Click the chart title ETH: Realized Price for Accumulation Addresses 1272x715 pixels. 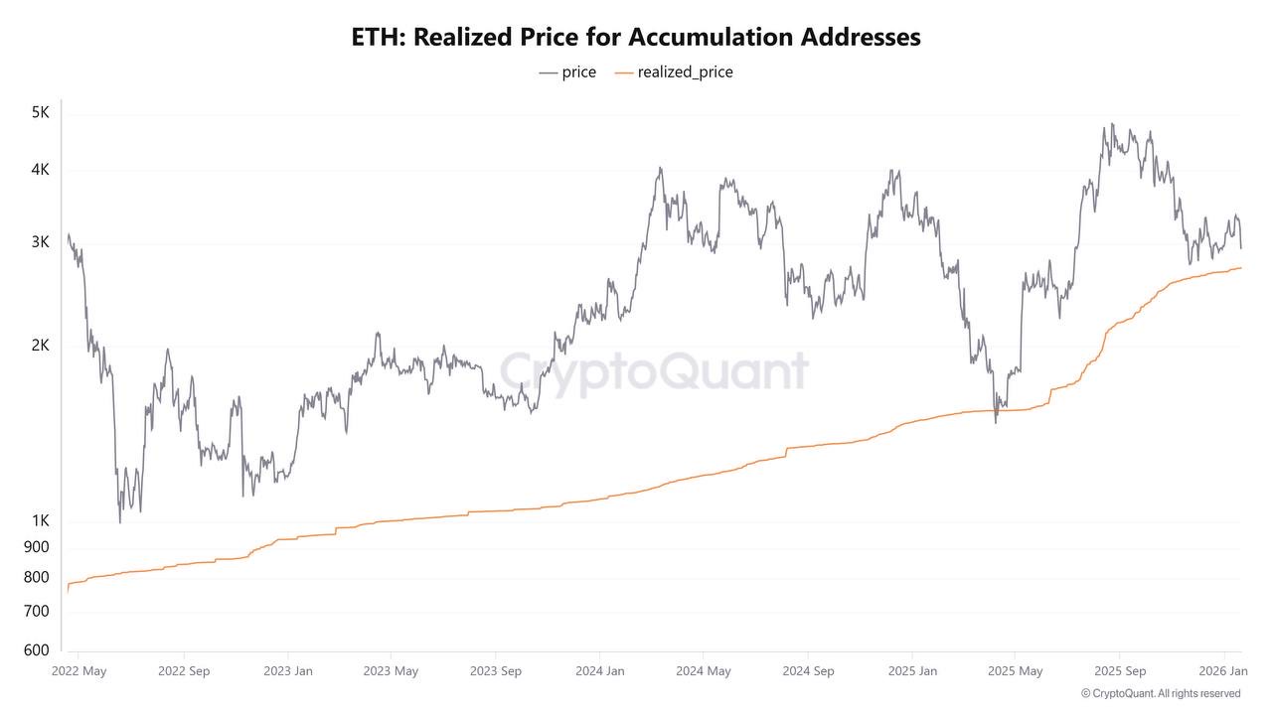636,38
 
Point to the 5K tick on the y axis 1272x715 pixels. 40,113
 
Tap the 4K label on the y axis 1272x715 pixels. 40,170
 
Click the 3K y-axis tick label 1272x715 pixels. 40,242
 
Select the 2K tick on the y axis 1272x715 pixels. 40,346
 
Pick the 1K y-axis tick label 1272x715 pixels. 40,521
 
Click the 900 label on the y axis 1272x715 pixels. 37,547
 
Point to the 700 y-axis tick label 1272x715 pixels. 37,612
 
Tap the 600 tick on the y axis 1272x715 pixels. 37,650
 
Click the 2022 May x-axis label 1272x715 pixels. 79,671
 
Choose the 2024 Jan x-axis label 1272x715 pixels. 599,671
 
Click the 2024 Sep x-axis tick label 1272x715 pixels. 808,671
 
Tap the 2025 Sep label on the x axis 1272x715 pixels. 1120,671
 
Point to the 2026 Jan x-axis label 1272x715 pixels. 1223,671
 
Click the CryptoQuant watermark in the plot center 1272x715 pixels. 653,371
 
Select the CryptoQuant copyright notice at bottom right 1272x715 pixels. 1160,693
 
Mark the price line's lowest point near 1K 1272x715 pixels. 120,522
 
